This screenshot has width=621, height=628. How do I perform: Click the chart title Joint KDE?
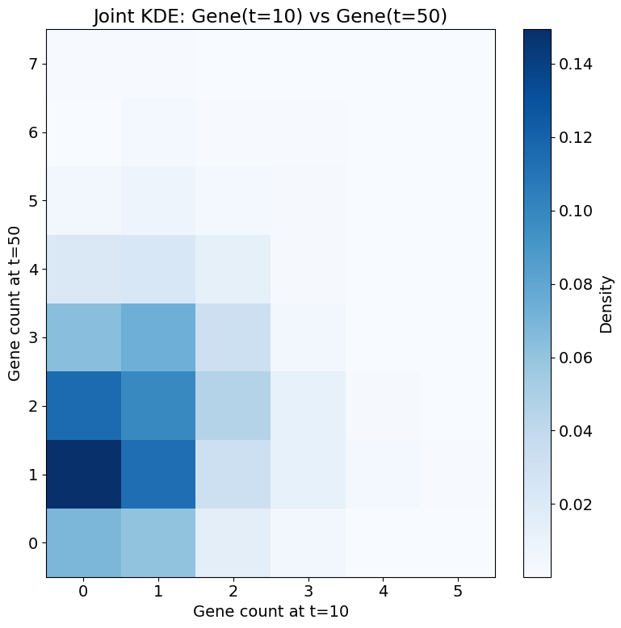(x=270, y=16)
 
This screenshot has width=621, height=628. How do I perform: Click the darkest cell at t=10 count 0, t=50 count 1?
(x=84, y=475)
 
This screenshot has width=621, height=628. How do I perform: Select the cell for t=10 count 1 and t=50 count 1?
(x=158, y=475)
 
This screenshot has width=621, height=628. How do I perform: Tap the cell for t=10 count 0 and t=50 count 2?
(x=84, y=406)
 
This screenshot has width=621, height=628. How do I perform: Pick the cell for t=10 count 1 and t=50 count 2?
(x=158, y=406)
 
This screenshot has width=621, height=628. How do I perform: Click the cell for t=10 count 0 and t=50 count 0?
(x=84, y=542)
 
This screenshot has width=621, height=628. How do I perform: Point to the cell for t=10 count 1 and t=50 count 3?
(x=158, y=337)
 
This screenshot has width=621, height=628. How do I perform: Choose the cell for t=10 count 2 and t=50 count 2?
(x=233, y=406)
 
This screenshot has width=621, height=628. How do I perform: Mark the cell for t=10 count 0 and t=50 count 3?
(x=84, y=337)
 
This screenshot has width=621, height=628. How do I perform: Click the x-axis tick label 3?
(x=308, y=592)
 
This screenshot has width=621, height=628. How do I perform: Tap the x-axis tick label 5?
(x=457, y=592)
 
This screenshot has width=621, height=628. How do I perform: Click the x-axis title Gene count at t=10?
(x=271, y=612)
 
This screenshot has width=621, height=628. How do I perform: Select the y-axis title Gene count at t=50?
(x=14, y=304)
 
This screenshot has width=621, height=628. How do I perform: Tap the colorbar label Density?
(x=606, y=304)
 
